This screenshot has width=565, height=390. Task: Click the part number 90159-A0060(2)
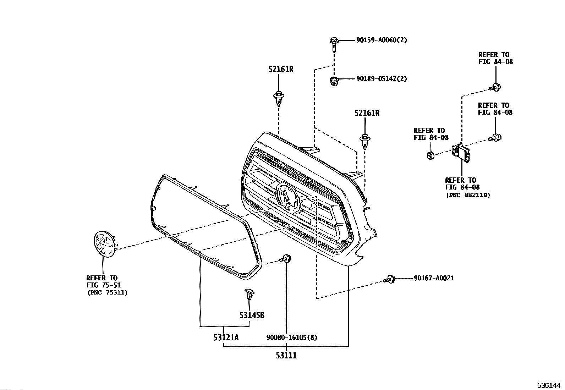click(x=382, y=40)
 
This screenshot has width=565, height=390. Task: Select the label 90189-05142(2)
click(x=382, y=78)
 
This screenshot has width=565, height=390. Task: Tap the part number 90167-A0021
click(x=433, y=278)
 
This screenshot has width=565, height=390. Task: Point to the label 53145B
click(x=251, y=315)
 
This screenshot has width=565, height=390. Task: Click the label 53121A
click(x=226, y=337)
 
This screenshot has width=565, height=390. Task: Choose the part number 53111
click(x=286, y=355)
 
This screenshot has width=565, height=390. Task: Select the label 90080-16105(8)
click(x=292, y=337)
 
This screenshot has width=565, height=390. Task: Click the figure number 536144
click(x=548, y=385)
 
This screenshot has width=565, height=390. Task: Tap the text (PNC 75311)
click(x=107, y=292)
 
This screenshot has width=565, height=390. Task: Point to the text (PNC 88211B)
click(x=468, y=195)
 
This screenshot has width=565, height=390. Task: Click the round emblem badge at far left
click(x=105, y=243)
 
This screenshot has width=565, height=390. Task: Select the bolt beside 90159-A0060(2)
click(x=334, y=44)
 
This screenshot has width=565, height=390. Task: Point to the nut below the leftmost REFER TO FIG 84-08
click(x=430, y=155)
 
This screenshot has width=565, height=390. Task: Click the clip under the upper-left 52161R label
click(x=279, y=98)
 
